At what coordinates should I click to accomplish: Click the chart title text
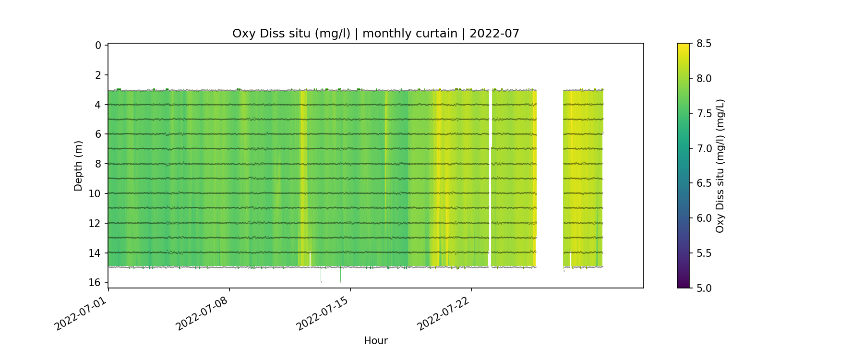pyautogui.click(x=375, y=34)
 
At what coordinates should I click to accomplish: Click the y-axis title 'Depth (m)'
pyautogui.click(x=78, y=166)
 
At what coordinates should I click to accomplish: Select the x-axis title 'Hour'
pyautogui.click(x=375, y=341)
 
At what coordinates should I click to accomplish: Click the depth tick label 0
pyautogui.click(x=98, y=46)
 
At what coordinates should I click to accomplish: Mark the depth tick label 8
pyautogui.click(x=98, y=164)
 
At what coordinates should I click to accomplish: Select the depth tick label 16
pyautogui.click(x=95, y=282)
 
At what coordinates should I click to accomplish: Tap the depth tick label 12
pyautogui.click(x=95, y=223)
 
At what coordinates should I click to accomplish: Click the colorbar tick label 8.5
pyautogui.click(x=704, y=44)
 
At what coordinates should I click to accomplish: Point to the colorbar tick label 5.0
pyautogui.click(x=704, y=288)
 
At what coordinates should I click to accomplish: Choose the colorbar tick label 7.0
pyautogui.click(x=704, y=148)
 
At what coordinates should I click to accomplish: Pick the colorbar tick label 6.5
pyautogui.click(x=704, y=183)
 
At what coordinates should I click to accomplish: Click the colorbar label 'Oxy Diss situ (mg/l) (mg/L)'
pyautogui.click(x=720, y=166)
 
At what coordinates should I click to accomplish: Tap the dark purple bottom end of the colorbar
pyautogui.click(x=683, y=285)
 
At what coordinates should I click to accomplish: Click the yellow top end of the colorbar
pyautogui.click(x=683, y=46)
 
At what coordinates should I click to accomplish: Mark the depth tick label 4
pyautogui.click(x=98, y=105)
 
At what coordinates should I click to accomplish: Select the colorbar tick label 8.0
pyautogui.click(x=704, y=79)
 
